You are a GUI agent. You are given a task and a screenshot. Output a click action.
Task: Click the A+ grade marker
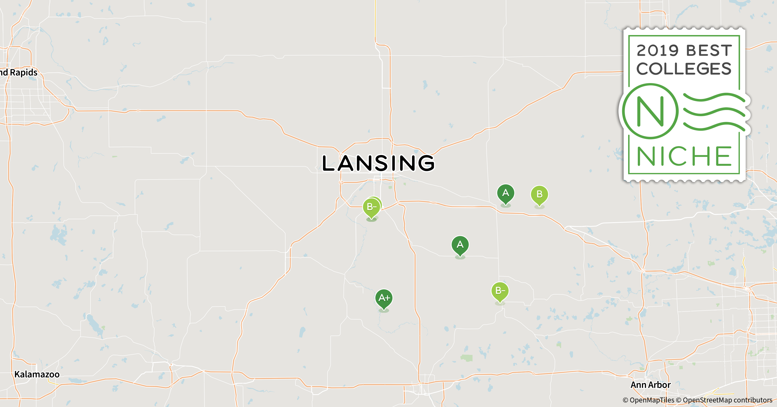click(x=384, y=298)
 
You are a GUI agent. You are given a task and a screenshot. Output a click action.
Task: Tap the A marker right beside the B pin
click(x=505, y=193)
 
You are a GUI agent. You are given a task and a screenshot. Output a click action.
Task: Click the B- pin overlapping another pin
click(x=371, y=207)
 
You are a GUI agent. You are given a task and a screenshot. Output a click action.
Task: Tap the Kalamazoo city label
click(x=37, y=374)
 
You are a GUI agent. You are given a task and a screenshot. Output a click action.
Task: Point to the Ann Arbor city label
click(x=651, y=385)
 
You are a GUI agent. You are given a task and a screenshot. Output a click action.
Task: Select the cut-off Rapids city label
click(x=19, y=72)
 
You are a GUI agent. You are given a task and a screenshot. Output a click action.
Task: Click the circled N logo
click(x=650, y=111)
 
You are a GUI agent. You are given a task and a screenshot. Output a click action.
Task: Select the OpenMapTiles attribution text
click(x=648, y=400)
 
